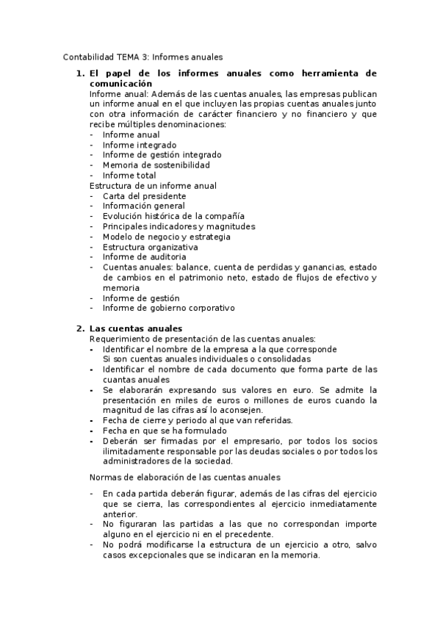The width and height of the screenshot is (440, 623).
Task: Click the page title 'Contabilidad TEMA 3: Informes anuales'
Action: pyautogui.click(x=143, y=56)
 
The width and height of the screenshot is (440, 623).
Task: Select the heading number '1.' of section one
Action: pyautogui.click(x=80, y=74)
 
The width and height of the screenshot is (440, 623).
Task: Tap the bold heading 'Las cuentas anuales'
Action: pyautogui.click(x=136, y=328)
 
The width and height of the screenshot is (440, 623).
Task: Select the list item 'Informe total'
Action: pyautogui.click(x=129, y=176)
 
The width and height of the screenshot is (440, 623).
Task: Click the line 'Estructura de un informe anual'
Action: pyautogui.click(x=153, y=186)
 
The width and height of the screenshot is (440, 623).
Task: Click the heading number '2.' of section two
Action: pyautogui.click(x=80, y=328)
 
